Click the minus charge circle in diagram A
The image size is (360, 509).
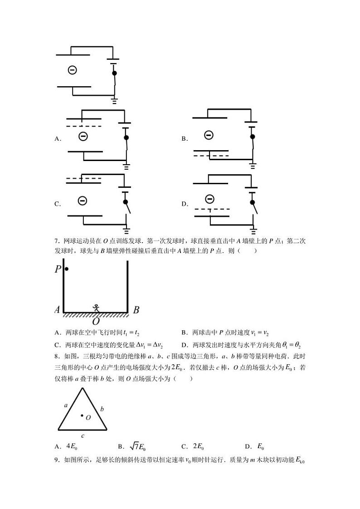point(83,136)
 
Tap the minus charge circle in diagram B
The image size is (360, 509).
point(208,135)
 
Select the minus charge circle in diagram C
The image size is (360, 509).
point(82,200)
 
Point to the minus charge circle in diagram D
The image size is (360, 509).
point(209,199)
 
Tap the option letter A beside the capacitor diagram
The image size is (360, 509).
point(58,139)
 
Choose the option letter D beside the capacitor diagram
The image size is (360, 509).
point(185,204)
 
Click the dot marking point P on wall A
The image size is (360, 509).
point(67,269)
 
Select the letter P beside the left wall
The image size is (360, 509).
point(58,269)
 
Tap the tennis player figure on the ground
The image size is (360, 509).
point(96,308)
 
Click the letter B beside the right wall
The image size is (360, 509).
point(136,310)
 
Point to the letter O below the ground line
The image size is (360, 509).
point(96,322)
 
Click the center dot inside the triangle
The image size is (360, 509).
point(82,415)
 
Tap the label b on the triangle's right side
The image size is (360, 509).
point(102,409)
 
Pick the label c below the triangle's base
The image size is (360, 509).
point(82,436)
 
